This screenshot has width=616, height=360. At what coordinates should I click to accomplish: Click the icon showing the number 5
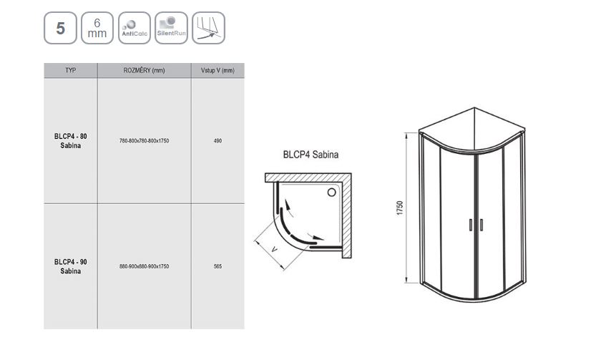60,28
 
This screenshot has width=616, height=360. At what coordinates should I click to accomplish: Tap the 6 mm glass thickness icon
97,28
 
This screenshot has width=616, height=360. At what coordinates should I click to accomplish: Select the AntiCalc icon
135,28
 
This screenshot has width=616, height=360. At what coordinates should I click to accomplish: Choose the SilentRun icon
171,28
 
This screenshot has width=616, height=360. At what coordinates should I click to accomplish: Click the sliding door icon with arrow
209,28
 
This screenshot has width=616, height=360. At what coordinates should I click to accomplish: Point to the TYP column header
71,70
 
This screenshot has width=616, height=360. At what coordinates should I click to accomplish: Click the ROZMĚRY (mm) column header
145,70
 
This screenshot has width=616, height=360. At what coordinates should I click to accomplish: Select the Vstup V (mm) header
217,70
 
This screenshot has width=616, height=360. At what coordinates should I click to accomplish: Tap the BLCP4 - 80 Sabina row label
71,141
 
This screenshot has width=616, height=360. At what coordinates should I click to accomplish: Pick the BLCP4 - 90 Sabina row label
71,266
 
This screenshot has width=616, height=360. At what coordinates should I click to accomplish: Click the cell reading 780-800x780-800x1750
145,141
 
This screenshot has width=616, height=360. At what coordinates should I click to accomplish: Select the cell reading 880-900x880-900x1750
145,266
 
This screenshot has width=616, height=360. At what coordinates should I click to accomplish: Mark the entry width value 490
217,141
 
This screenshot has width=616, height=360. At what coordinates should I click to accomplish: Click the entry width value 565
217,266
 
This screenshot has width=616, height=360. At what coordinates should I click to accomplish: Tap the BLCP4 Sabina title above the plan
311,155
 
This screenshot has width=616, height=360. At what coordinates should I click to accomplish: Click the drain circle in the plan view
331,193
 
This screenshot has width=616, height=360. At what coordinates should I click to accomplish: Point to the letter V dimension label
275,249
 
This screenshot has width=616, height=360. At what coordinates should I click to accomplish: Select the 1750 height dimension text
400,208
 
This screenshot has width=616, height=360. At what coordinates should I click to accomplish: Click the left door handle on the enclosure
471,225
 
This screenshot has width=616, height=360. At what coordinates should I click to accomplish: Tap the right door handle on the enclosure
481,225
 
